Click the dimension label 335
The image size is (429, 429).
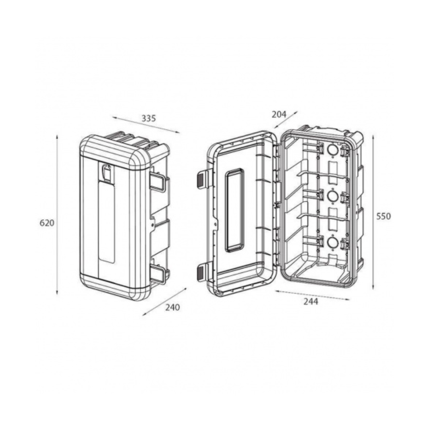click(149, 118)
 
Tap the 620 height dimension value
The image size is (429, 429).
click(47, 223)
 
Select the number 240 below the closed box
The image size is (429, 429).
click(173, 307)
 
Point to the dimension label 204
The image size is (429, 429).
click(279, 114)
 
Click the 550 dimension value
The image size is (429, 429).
click(384, 216)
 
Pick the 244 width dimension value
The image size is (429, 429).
click(311, 301)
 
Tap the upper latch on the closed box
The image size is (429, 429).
click(157, 181)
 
